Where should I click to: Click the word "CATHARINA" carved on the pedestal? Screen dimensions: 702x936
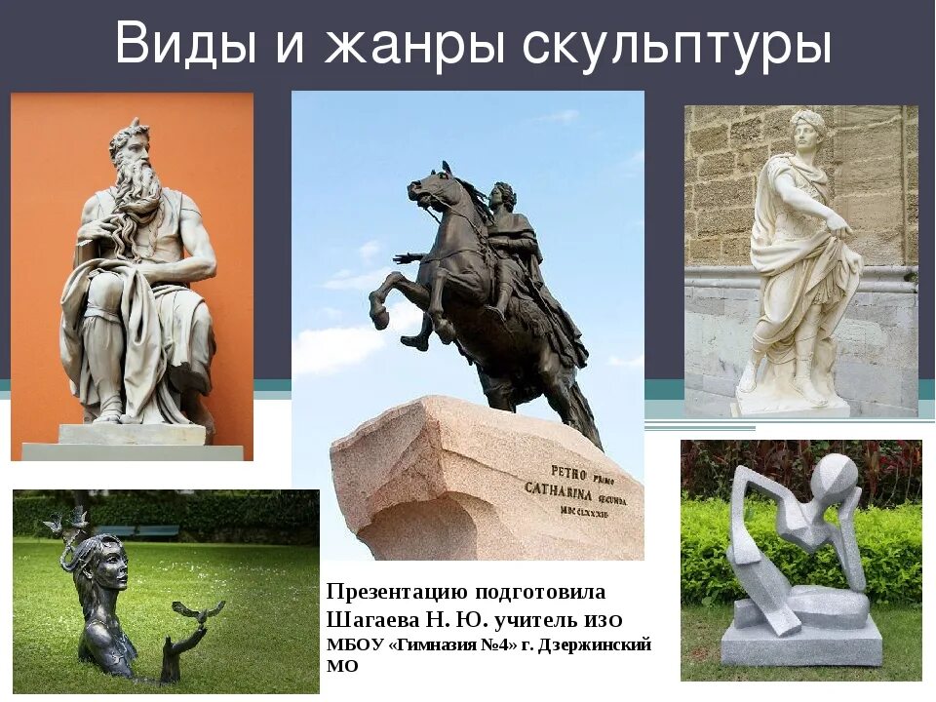coord(561,487)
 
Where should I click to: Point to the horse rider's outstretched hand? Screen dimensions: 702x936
coord(399,258)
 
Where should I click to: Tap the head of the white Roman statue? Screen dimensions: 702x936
coord(807,131)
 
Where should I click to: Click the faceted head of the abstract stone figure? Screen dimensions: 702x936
coord(837,477)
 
